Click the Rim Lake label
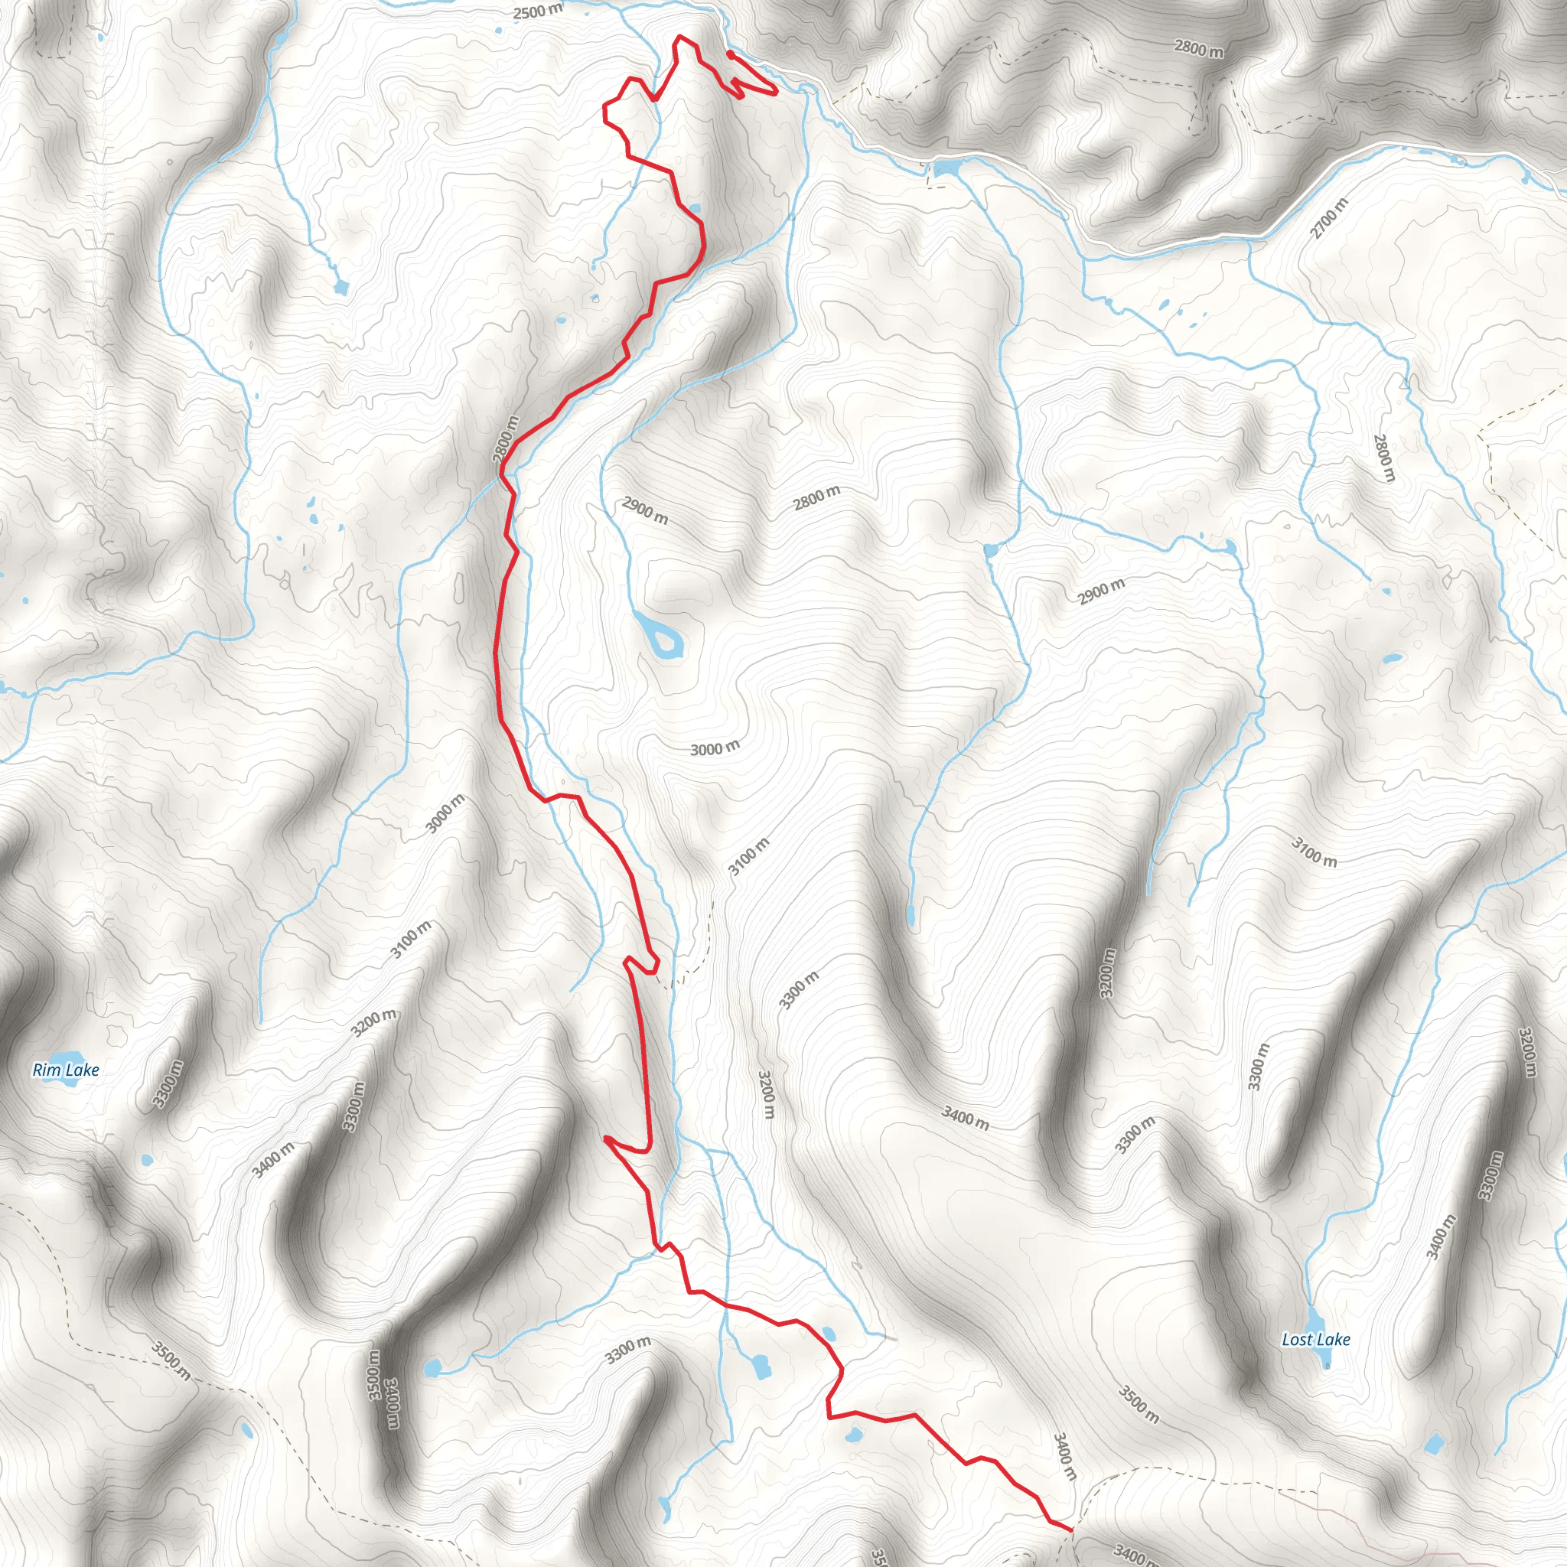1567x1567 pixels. (x=66, y=1070)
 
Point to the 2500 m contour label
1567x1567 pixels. (x=538, y=11)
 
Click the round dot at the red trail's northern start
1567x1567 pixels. (x=730, y=54)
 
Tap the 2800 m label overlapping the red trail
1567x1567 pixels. (x=504, y=441)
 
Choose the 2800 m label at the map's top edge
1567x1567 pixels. (x=1198, y=49)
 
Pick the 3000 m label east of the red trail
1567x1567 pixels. (x=715, y=748)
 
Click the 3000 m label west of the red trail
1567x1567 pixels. (x=445, y=813)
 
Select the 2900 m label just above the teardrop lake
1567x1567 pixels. (x=645, y=510)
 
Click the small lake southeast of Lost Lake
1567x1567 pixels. (x=1434, y=1445)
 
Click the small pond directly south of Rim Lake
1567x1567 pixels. (x=146, y=1159)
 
